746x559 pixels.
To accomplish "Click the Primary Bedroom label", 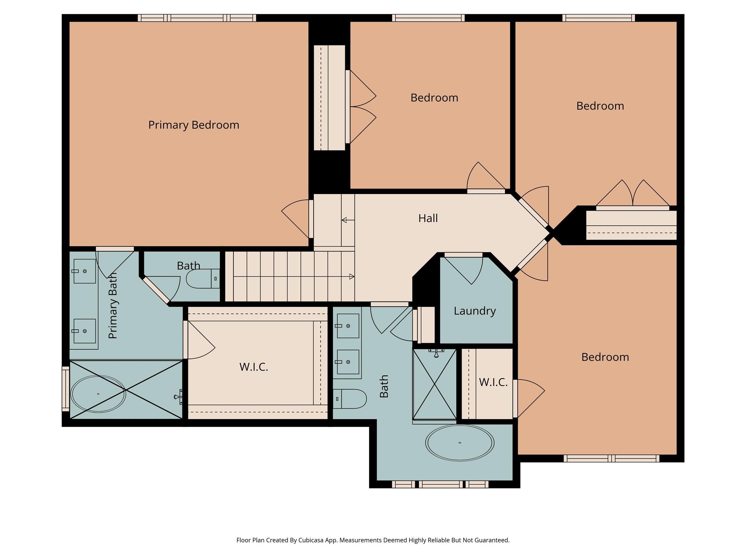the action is (193, 125).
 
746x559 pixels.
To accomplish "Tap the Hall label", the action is (428, 218).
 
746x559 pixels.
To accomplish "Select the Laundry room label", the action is (475, 311).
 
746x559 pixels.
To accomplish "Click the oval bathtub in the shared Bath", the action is (460, 443).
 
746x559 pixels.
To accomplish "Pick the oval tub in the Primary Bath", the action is (98, 394).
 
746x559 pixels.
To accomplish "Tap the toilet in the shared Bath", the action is (349, 399).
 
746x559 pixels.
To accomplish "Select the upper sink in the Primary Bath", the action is (85, 271).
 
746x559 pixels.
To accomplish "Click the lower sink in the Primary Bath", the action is (85, 331).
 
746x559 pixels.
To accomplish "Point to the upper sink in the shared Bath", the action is (348, 326).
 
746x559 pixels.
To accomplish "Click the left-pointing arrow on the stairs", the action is (348, 220).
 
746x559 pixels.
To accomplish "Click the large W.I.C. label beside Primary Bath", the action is (254, 367).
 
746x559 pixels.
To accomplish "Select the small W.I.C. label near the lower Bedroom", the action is (493, 382).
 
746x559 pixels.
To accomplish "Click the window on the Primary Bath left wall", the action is (66, 389).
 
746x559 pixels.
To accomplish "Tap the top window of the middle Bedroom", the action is (428, 18).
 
